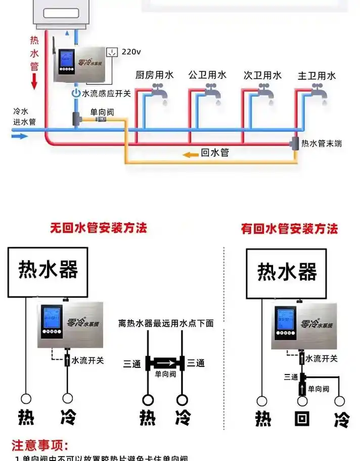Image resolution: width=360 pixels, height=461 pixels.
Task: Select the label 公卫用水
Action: click(x=207, y=75)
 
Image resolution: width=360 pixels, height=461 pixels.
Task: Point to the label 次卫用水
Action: click(x=262, y=75)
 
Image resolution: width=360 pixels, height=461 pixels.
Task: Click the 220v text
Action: click(x=131, y=51)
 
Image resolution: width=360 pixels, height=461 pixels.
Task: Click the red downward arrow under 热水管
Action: click(x=34, y=81)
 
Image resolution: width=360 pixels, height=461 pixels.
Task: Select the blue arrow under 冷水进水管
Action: click(x=20, y=136)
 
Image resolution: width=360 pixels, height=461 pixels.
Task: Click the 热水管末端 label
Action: click(x=321, y=144)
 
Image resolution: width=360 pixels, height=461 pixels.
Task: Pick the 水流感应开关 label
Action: click(x=106, y=93)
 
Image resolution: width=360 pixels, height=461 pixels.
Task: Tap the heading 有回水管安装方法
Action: click(x=289, y=229)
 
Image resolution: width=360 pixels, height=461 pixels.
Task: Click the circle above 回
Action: click(x=302, y=401)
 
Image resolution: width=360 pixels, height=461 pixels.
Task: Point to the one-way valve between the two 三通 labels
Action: click(x=166, y=363)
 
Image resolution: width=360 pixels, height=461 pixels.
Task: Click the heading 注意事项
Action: click(x=39, y=445)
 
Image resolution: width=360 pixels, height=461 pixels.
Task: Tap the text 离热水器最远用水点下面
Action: click(x=166, y=323)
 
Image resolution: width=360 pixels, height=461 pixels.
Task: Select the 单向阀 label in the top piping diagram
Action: click(x=102, y=111)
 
